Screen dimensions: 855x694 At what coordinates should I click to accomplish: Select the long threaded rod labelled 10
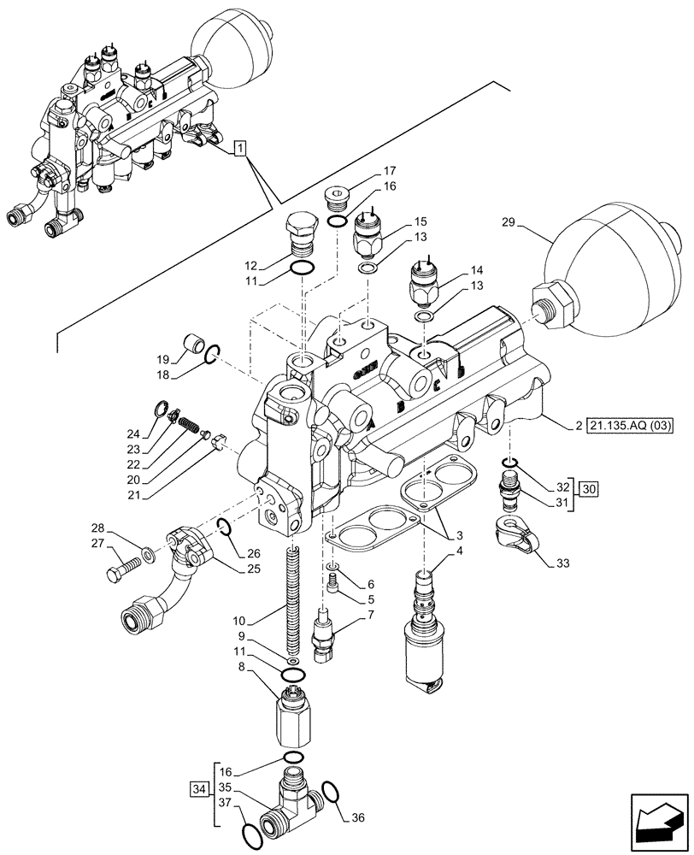[x=293, y=598]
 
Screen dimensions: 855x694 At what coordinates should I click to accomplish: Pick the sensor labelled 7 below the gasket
[x=325, y=634]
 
